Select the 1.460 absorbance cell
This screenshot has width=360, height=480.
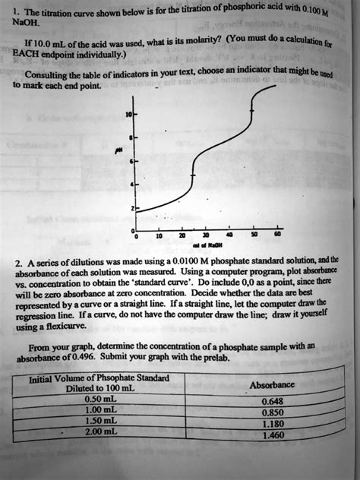(x=272, y=436)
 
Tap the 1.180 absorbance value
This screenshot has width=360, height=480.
(x=272, y=425)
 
